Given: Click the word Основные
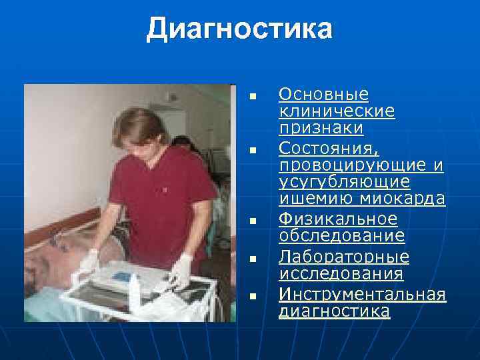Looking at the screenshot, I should (x=323, y=94).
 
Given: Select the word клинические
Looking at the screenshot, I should (x=337, y=111).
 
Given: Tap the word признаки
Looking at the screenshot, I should (x=321, y=127).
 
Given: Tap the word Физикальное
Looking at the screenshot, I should (x=337, y=219).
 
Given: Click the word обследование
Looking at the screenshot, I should (x=341, y=236).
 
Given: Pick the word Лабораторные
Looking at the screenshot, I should (x=344, y=257).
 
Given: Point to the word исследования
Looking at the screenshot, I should (x=341, y=273).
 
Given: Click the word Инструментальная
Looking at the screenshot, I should (x=362, y=293).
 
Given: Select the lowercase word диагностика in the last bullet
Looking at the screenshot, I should (x=334, y=311).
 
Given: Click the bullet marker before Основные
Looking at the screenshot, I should (x=252, y=98).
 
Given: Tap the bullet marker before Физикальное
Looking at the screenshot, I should (x=252, y=220).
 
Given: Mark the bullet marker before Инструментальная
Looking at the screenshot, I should (x=252, y=295).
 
